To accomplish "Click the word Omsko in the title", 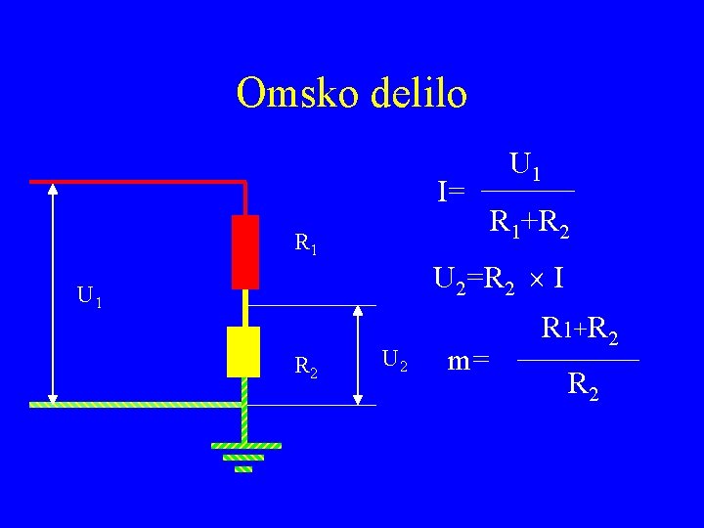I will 294,94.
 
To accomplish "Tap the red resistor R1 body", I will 244,251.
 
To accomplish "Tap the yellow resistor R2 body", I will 242,352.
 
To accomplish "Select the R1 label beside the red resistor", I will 306,242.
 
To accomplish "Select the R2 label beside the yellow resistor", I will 306,367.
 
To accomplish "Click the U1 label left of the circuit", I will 91,295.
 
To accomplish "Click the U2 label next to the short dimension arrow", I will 395,360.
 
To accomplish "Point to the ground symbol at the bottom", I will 244,456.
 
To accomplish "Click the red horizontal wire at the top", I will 137,182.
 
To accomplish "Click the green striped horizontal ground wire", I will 137,403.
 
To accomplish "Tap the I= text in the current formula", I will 451,191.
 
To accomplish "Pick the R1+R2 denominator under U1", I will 530,225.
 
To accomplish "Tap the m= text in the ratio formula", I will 467,361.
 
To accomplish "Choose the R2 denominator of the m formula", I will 583,387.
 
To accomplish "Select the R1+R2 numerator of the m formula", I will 579,332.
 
